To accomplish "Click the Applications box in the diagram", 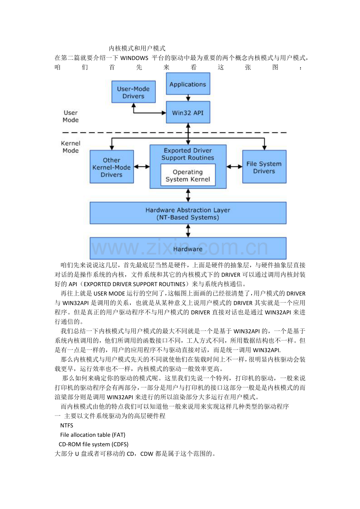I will click(188, 84).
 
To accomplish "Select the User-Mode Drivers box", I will click(133, 92).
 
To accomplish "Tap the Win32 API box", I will click(188, 112).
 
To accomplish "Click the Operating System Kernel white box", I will click(188, 176).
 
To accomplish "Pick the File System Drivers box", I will click(264, 167).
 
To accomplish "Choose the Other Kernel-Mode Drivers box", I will click(112, 167).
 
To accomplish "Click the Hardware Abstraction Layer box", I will click(188, 213).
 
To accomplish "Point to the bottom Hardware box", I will click(188, 249).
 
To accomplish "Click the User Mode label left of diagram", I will click(71, 116).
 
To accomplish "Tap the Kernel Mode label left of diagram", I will click(70, 147).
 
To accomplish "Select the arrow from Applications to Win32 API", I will click(188, 98).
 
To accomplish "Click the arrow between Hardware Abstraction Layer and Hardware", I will click(188, 231).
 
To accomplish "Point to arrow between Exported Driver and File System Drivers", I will click(234, 167).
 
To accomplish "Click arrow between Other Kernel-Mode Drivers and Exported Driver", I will click(142, 167).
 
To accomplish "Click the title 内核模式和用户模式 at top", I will click(137, 48).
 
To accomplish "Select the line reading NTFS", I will click(67, 425).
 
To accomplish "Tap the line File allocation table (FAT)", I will click(93, 435).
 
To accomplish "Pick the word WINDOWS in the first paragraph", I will click(134, 58).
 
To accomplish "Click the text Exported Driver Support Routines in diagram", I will click(188, 154).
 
